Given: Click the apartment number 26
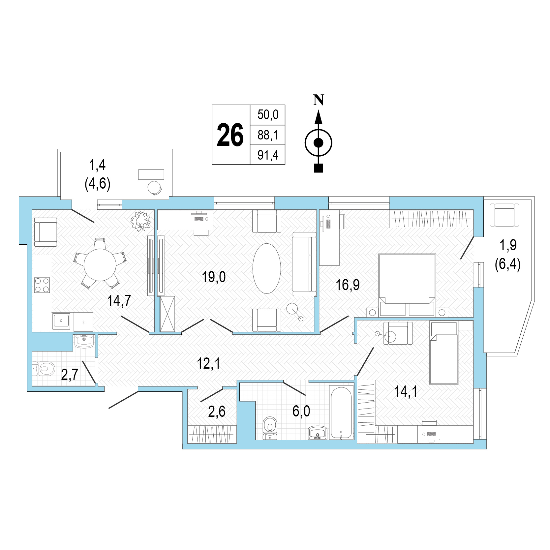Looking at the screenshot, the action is pos(230,135).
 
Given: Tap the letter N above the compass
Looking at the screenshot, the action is pos(319,100).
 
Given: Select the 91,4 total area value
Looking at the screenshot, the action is pos(268,155).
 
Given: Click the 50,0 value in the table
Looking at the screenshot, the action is pos(268,114).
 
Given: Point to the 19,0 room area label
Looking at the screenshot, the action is pos(214,277).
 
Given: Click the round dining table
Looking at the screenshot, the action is pos(100,265).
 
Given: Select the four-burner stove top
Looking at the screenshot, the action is pos(42,285).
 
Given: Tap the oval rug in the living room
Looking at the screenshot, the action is pos(267,268).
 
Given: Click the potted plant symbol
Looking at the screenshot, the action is pos(141,221).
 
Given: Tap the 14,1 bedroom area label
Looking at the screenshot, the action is pos(406,391).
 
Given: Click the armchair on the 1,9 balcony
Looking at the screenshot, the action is pos(504,215).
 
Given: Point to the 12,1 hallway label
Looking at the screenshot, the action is pos(208,363).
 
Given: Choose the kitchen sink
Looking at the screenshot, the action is pos(61,321).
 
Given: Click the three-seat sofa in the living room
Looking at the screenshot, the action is pos(304,264).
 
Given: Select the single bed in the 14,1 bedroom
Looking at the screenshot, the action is pos(444,353).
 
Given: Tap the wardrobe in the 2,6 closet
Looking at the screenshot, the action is pos(212,434).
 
